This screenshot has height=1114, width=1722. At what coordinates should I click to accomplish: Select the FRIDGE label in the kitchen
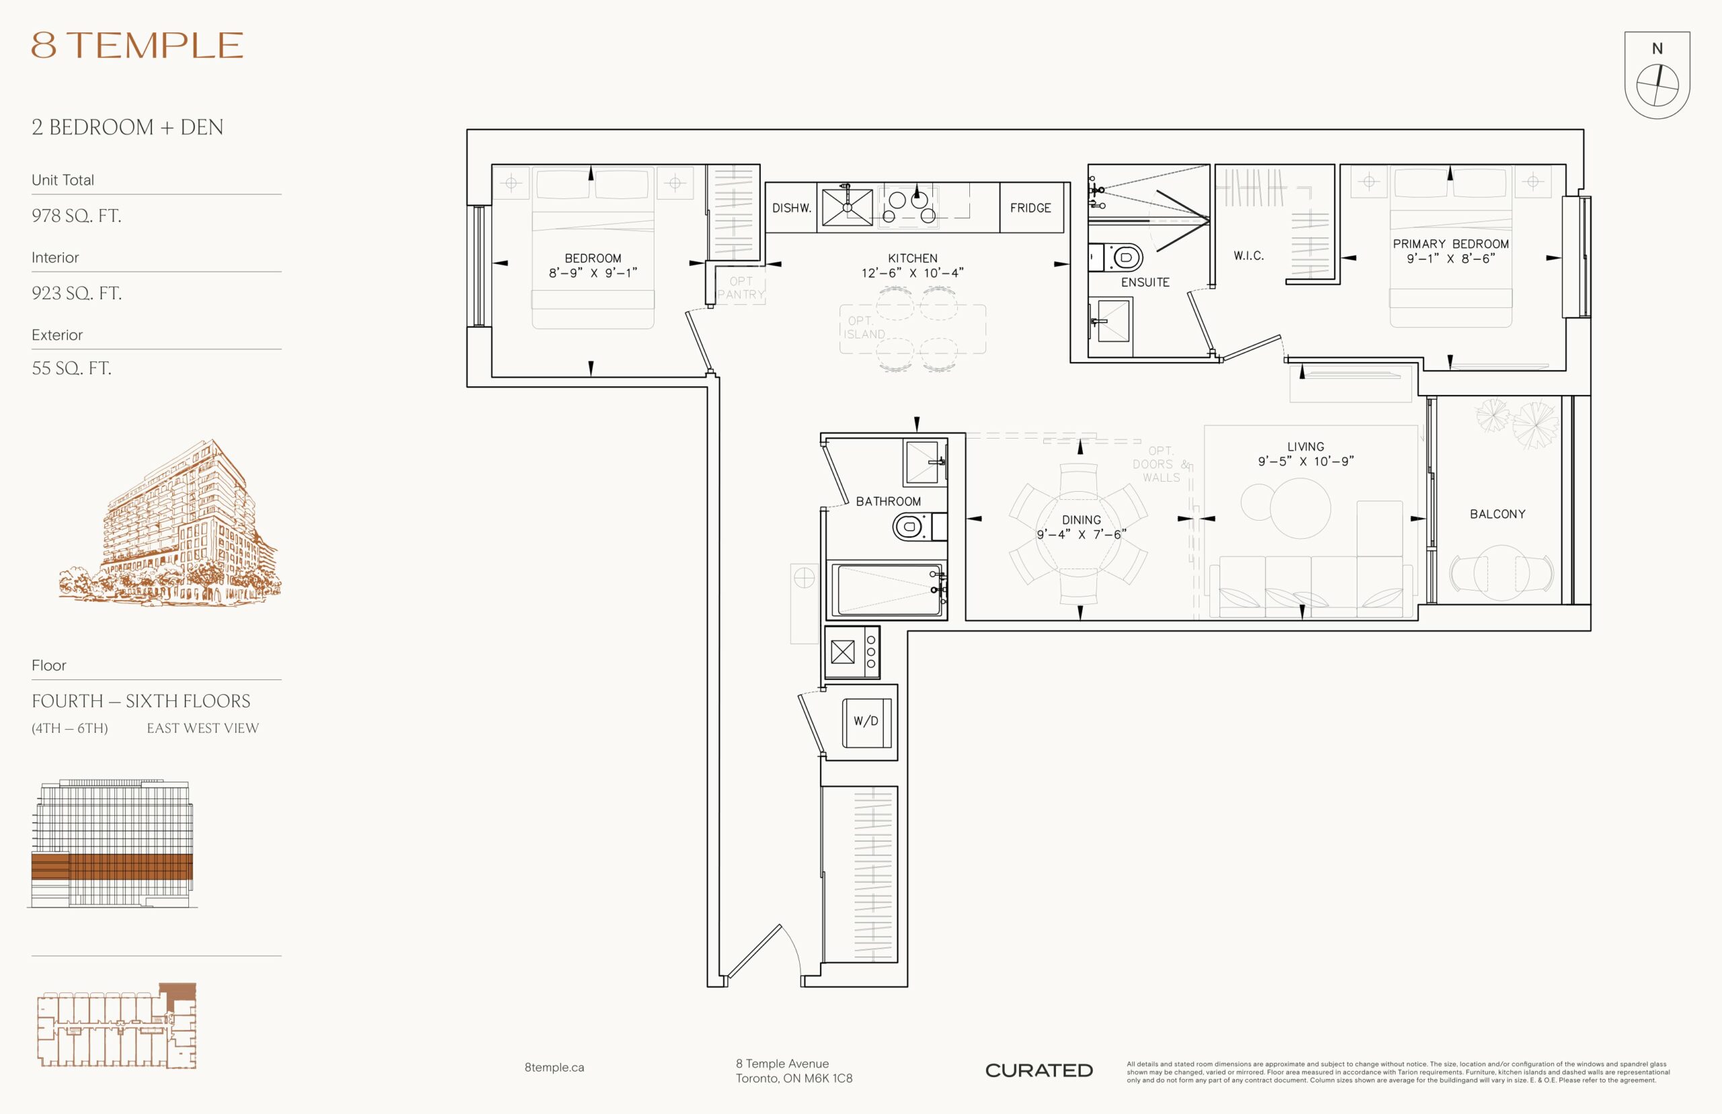[1031, 209]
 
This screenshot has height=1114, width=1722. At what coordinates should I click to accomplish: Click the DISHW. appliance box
[791, 208]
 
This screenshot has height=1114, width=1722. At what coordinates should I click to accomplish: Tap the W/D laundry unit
[867, 722]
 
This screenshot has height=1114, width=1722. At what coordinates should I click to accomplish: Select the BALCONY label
[1497, 515]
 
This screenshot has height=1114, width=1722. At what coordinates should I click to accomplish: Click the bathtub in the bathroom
[887, 590]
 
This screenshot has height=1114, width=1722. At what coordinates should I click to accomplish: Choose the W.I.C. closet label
[1249, 256]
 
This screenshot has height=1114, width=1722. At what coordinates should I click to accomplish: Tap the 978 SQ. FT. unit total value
[76, 215]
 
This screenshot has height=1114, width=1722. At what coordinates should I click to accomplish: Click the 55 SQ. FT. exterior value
[71, 368]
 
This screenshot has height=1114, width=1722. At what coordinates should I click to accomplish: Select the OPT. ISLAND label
[864, 328]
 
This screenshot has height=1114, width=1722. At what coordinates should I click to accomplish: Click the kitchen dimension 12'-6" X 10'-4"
[913, 273]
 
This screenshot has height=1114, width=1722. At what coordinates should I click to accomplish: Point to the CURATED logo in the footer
[1039, 1070]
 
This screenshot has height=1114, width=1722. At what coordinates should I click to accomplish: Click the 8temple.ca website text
[554, 1068]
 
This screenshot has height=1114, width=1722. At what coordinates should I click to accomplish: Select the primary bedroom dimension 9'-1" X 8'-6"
[1451, 259]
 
